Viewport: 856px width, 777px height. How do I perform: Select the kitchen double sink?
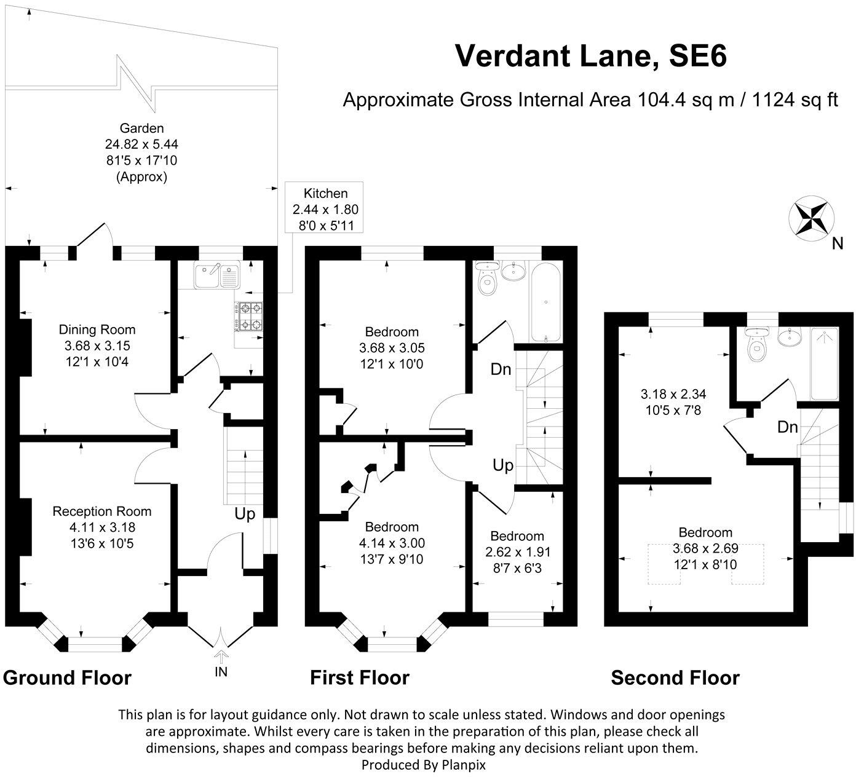pos(216,275)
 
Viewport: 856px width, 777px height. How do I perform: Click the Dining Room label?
pos(97,330)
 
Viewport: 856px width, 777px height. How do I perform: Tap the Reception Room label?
pos(102,511)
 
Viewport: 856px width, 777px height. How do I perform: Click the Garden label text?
pos(141,128)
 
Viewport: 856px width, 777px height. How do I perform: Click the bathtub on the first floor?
pos(545,302)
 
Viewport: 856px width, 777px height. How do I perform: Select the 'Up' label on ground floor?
pos(245,514)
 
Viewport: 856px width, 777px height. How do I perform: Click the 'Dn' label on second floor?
pos(787,427)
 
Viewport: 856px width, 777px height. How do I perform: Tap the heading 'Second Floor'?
pos(675,678)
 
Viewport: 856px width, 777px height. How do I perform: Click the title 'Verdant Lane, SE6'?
pos(590,56)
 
